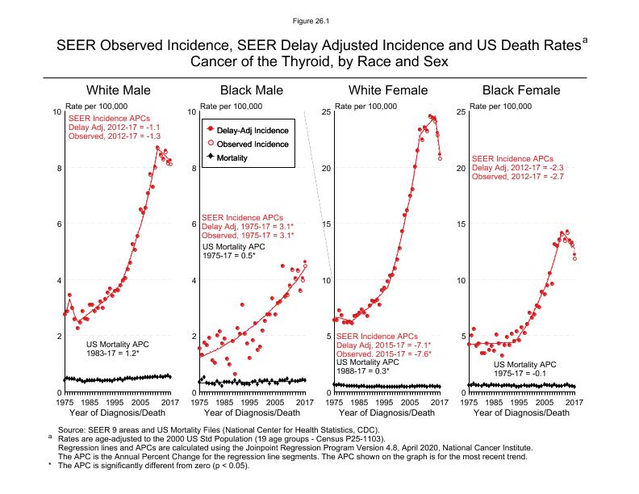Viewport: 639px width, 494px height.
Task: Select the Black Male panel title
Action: click(252, 90)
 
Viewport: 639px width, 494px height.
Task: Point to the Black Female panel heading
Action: click(520, 90)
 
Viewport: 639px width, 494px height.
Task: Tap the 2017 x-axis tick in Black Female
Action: click(574, 401)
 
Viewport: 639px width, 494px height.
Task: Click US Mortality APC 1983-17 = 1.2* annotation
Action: click(118, 349)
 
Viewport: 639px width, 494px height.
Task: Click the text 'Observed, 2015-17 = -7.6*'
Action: click(383, 354)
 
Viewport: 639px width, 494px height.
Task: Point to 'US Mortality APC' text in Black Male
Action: click(235, 246)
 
